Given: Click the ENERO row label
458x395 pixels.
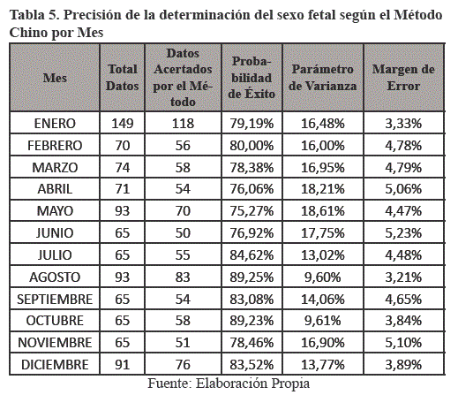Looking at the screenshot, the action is tap(55, 124).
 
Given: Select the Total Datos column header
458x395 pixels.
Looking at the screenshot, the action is tap(123, 78).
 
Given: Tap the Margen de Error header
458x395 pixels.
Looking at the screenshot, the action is tap(403, 78).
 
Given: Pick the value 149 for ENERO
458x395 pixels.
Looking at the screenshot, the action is tap(123, 124).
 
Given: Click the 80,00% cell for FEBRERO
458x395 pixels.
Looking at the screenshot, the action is tap(252, 146).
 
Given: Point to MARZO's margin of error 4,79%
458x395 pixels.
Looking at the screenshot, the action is tap(403, 168).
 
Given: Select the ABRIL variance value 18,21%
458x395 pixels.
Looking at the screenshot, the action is tap(323, 189).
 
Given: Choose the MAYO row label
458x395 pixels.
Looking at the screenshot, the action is tap(55, 211).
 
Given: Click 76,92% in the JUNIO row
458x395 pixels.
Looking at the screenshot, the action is tap(252, 233).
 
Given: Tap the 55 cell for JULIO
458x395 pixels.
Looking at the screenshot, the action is tap(183, 255).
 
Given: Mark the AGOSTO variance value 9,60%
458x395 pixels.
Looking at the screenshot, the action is tap(323, 277).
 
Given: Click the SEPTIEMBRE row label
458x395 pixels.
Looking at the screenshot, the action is tap(55, 300).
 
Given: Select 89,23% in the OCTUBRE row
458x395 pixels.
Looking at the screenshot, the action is tap(252, 321).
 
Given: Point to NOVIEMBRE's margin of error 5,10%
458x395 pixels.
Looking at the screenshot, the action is tap(403, 343).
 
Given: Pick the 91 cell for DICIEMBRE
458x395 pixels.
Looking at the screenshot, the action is tap(123, 365).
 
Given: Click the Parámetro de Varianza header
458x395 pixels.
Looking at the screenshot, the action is tap(323, 78).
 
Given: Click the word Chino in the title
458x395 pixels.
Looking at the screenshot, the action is tap(28, 33).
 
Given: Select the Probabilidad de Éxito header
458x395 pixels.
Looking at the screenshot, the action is tap(252, 78).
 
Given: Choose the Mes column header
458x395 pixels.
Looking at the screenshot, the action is tap(55, 78).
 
